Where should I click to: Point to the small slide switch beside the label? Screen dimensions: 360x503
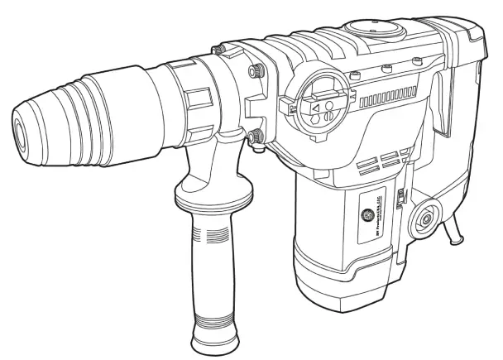click(x=400, y=199)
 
